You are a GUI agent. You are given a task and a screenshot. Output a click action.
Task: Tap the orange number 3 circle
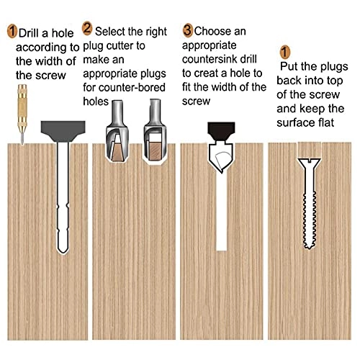[x=188, y=31]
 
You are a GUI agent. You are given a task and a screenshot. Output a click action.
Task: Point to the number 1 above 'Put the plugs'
[x=285, y=52]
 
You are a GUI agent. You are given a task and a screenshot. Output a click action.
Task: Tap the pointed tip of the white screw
[x=310, y=246]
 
